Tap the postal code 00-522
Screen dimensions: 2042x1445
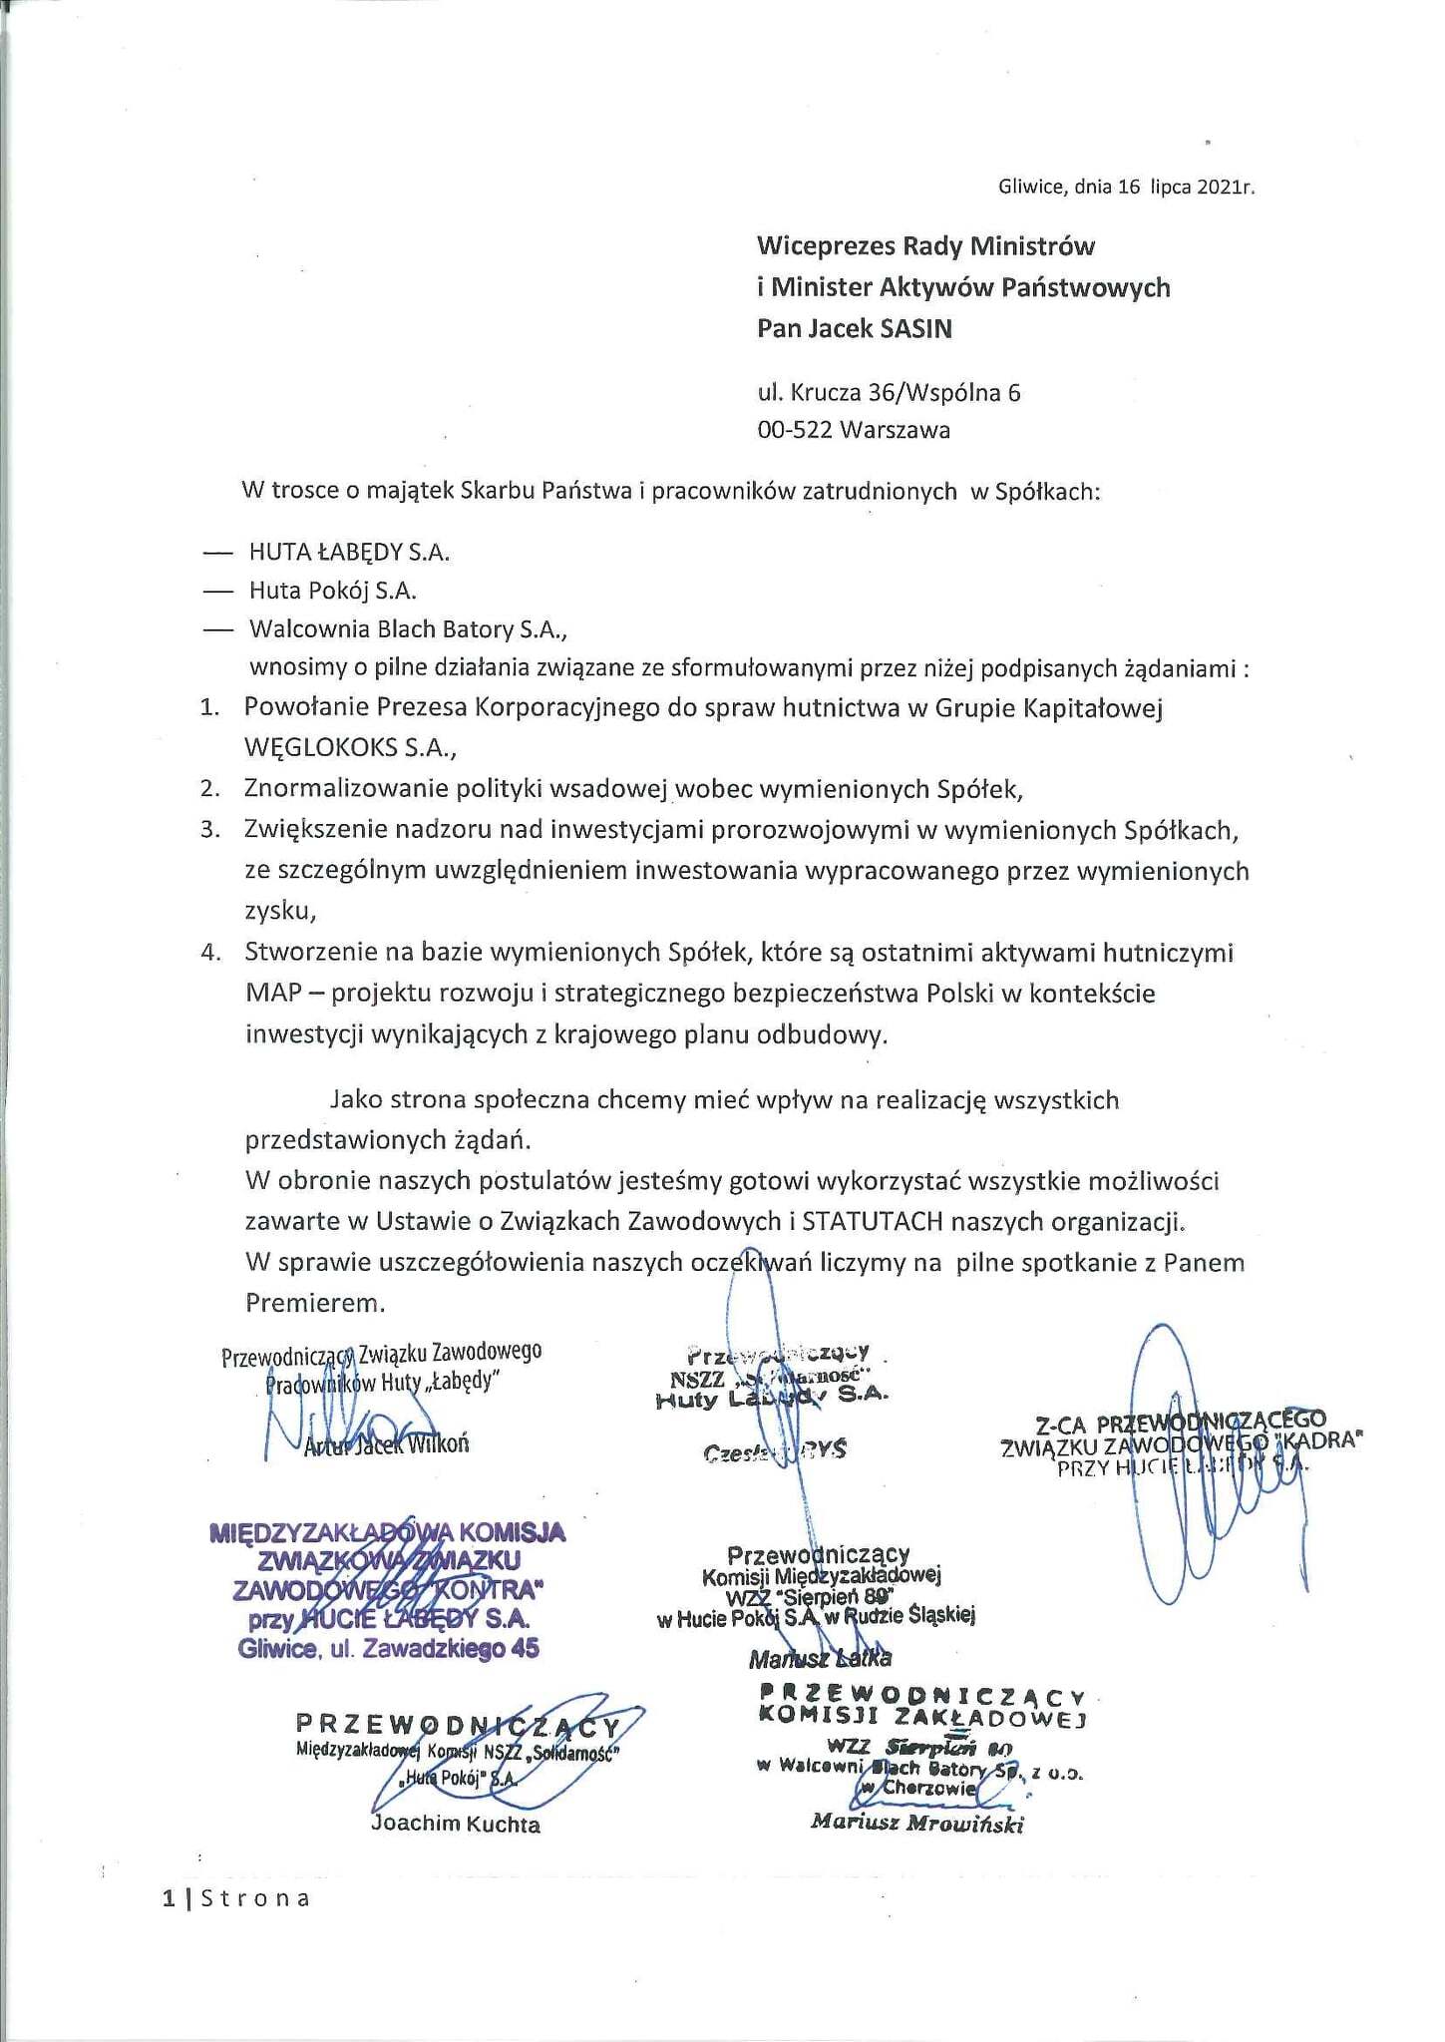tap(795, 430)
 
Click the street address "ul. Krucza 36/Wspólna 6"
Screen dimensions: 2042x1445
tap(889, 392)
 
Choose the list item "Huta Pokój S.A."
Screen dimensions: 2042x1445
tap(332, 591)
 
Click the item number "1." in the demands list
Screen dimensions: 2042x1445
tap(209, 708)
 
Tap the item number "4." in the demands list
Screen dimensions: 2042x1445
tap(209, 952)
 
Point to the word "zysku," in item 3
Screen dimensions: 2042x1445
tap(281, 911)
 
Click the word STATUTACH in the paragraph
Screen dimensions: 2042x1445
tap(884, 1221)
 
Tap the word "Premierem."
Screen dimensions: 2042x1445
tap(314, 1303)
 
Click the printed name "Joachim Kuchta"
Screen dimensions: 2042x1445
tap(455, 1825)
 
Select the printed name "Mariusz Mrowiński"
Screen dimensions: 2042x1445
tap(917, 1823)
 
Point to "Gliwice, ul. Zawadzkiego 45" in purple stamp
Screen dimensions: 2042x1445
tap(389, 1649)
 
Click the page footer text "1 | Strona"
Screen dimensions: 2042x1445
tap(235, 1898)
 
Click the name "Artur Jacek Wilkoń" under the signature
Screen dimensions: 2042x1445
tap(385, 1444)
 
